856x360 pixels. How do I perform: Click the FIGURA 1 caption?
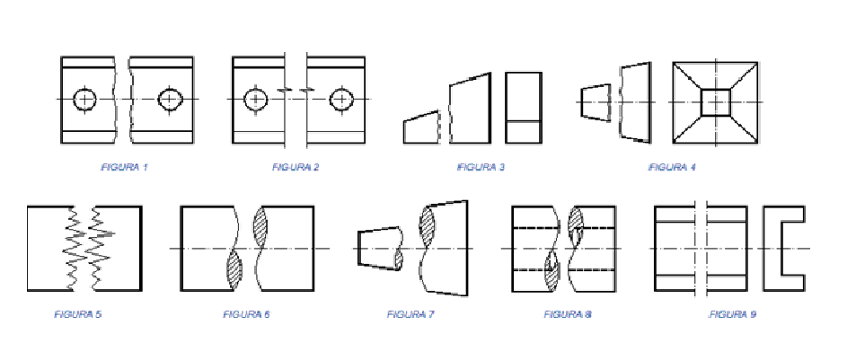tap(124, 167)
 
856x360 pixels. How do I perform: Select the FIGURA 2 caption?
tap(296, 167)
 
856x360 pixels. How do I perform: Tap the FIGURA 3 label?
tap(481, 167)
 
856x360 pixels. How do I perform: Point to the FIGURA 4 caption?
tap(672, 167)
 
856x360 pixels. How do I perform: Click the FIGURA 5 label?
tap(77, 314)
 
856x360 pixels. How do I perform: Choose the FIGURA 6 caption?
tap(246, 314)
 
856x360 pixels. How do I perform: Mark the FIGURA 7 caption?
tap(410, 314)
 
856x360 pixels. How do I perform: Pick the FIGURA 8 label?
tap(568, 314)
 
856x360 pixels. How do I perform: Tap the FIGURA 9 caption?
tap(732, 314)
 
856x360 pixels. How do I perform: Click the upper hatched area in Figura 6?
tap(261, 228)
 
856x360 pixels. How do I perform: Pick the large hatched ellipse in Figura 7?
tap(426, 227)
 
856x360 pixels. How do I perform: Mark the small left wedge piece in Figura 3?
tap(421, 127)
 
